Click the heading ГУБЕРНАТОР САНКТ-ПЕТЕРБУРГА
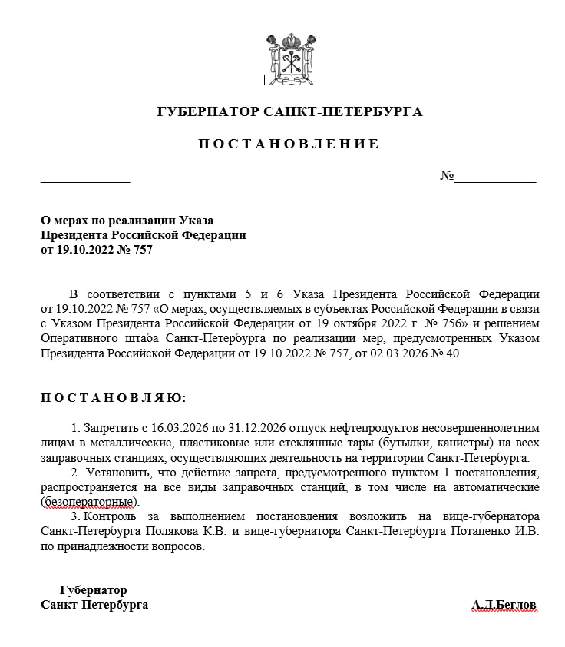[x=289, y=112]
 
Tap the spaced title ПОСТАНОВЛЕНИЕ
[x=289, y=144]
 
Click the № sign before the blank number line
[x=447, y=176]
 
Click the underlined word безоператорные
[x=90, y=502]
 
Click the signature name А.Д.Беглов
[x=504, y=605]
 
